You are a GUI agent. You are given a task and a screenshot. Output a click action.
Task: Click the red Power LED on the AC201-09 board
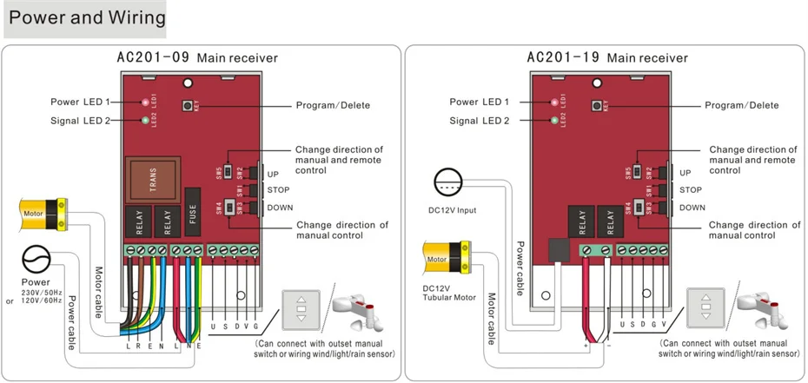tap(144, 102)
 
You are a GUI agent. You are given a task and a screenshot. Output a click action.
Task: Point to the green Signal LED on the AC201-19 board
tap(553, 120)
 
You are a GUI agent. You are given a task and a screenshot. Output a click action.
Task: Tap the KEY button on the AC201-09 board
tap(188, 105)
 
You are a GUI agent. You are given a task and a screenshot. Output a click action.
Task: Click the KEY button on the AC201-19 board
tap(596, 105)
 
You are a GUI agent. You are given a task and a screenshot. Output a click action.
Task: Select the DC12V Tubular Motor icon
tap(447, 258)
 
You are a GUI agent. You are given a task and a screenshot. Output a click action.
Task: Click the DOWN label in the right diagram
tap(692, 208)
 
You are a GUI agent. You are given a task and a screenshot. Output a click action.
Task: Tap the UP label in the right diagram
tap(685, 172)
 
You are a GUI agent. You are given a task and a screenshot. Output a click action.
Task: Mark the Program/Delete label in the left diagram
tap(332, 105)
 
